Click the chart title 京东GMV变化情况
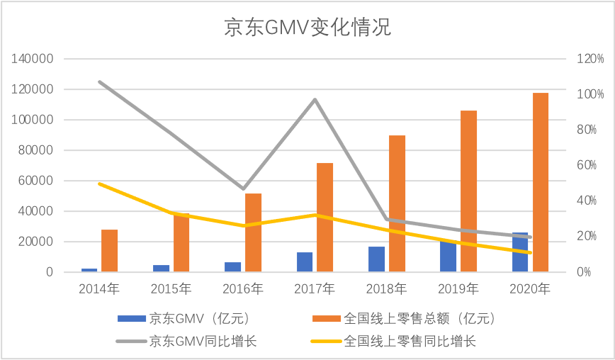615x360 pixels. point(307,28)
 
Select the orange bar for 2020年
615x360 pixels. point(541,182)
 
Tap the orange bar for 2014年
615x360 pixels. point(110,250)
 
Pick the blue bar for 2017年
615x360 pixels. point(305,261)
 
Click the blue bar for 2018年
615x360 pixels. point(376,259)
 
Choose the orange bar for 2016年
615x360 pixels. point(253,232)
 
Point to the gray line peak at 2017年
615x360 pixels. point(315,99)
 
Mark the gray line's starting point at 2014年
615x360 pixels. point(100,82)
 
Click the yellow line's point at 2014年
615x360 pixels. point(100,184)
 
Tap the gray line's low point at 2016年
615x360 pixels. point(244,189)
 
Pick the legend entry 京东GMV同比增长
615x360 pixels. point(187,342)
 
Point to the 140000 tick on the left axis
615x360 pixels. point(33,59)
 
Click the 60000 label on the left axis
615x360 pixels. point(37,181)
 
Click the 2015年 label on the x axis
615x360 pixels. point(171,288)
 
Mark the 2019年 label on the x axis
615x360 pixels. point(458,288)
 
